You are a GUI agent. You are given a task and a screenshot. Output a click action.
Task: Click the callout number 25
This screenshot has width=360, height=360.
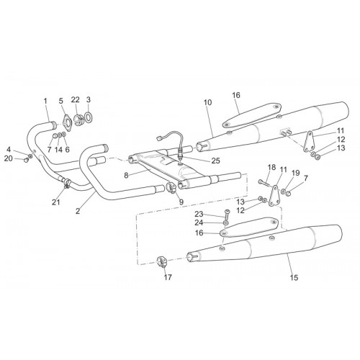[x=216, y=161]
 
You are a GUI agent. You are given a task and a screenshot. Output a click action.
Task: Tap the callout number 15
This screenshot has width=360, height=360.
[x=294, y=278]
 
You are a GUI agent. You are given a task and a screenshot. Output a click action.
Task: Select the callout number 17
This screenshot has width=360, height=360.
[x=168, y=277]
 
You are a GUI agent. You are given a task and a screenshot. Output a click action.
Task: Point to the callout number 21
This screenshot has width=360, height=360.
[x=56, y=202]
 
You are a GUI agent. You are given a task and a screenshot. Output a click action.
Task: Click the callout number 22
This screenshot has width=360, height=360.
[x=75, y=99]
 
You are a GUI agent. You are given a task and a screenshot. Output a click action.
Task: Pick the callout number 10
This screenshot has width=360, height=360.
[x=208, y=102]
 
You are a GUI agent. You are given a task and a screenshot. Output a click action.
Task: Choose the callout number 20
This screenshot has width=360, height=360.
[x=9, y=158]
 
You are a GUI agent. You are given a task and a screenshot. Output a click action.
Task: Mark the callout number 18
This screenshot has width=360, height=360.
[x=271, y=167]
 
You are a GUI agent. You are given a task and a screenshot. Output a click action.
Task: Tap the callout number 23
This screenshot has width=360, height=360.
[x=199, y=214]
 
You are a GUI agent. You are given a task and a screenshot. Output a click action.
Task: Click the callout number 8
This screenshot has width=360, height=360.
[x=126, y=176]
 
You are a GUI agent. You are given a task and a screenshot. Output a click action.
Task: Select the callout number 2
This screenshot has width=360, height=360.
[x=78, y=212]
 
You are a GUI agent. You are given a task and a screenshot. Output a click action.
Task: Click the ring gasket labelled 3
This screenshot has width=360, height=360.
[x=89, y=117]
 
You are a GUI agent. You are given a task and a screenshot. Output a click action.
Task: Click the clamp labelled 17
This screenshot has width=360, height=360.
[x=161, y=262]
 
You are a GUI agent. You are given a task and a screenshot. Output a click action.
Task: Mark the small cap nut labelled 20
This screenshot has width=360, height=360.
[x=25, y=160]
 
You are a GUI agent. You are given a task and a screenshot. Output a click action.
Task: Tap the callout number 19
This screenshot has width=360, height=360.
[x=296, y=173]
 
